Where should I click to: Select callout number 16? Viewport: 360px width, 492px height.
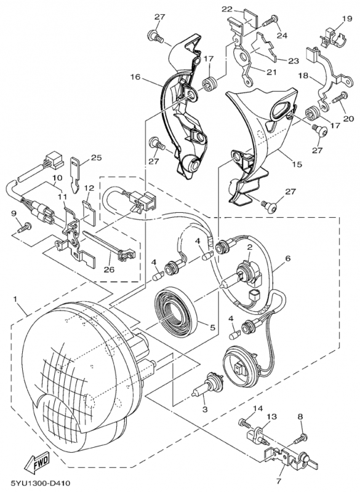[x=135, y=77]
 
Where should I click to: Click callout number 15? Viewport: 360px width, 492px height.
[x=297, y=164]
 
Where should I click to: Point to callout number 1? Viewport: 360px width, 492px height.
[x=15, y=300]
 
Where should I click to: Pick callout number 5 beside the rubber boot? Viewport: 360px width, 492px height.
[x=212, y=328]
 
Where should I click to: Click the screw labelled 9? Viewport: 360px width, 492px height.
[x=25, y=228]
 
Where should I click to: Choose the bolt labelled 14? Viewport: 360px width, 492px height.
[x=245, y=423]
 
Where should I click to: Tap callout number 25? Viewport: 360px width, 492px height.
[x=97, y=157]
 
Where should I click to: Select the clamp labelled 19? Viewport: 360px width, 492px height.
[x=334, y=35]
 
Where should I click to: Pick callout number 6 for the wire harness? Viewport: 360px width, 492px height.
[x=287, y=258]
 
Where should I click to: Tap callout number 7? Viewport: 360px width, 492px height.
[x=278, y=480]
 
